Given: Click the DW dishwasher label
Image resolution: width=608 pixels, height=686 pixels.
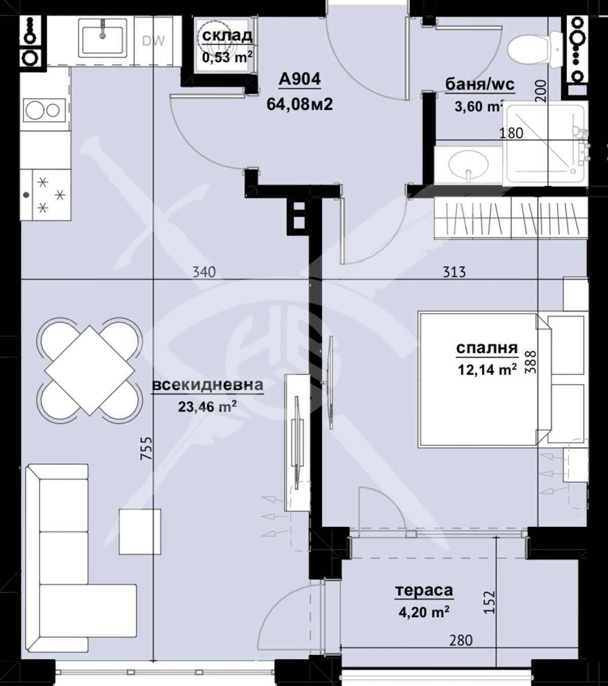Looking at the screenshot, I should pyautogui.click(x=153, y=41).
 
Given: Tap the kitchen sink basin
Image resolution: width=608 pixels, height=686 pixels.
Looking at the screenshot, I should pyautogui.click(x=103, y=40).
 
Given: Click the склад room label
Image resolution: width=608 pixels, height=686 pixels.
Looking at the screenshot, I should pyautogui.click(x=227, y=35).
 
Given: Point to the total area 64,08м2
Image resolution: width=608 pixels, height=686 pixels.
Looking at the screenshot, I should pyautogui.click(x=299, y=104).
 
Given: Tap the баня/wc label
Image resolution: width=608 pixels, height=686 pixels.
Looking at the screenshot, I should pyautogui.click(x=479, y=84).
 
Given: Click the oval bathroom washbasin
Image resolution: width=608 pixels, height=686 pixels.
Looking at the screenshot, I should pyautogui.click(x=469, y=164).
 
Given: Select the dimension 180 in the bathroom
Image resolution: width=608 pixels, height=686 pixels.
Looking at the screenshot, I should pyautogui.click(x=511, y=133).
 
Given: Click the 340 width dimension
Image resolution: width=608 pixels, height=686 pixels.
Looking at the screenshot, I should pyautogui.click(x=204, y=272).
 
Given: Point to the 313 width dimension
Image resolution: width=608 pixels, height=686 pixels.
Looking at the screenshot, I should pyautogui.click(x=454, y=272).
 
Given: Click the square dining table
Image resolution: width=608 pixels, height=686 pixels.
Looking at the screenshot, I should pyautogui.click(x=90, y=370).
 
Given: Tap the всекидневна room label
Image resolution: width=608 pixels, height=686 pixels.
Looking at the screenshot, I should pyautogui.click(x=208, y=385).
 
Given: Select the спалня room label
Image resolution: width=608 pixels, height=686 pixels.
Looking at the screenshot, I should pyautogui.click(x=486, y=348).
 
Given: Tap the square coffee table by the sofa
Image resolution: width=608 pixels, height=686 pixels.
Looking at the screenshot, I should pyautogui.click(x=140, y=531).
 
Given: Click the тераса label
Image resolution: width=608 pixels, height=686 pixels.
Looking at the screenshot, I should pyautogui.click(x=424, y=591).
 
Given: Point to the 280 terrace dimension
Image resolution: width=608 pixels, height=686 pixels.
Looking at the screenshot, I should pyautogui.click(x=461, y=640).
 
